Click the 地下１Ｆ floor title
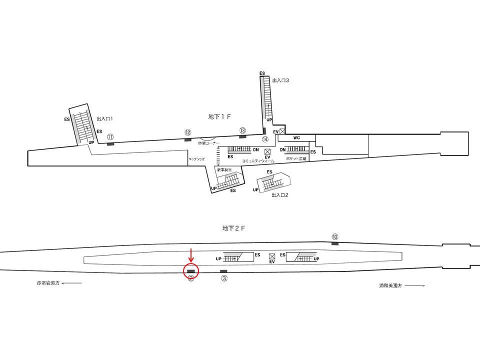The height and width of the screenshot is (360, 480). (x=219, y=116)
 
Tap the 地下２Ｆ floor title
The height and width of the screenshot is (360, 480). (x=233, y=228)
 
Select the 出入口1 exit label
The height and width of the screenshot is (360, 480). (x=104, y=119)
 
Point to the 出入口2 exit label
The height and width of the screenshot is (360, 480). (x=279, y=195)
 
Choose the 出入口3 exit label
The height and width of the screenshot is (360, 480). (x=280, y=80)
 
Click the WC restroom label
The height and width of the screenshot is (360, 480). (x=296, y=137)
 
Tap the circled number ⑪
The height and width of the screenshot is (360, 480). (x=110, y=136)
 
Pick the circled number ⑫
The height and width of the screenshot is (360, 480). (x=187, y=132)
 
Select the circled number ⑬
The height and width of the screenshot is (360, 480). (x=242, y=130)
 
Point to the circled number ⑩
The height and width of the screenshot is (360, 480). (x=335, y=236)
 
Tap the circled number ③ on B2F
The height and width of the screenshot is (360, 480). (x=224, y=278)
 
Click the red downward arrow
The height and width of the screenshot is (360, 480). (x=191, y=254)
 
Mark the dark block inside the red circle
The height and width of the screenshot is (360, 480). (x=191, y=271)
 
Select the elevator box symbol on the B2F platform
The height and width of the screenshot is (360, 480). (x=272, y=255)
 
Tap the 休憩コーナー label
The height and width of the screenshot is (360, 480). (x=208, y=142)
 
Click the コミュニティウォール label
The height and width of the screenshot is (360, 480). (x=257, y=161)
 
